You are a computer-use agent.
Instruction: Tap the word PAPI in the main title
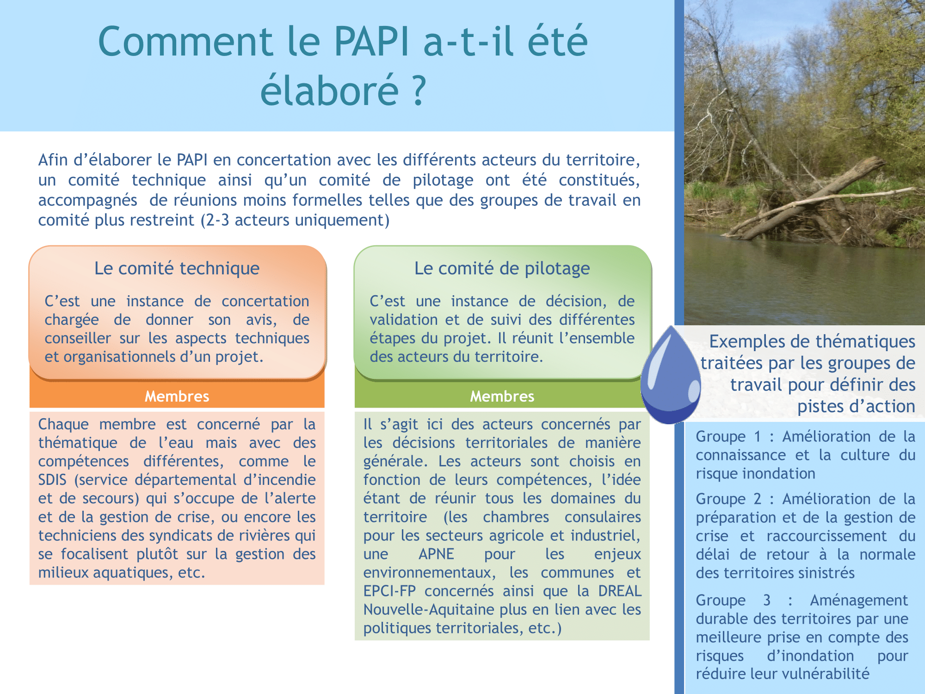(371, 41)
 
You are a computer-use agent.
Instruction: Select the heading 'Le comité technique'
(177, 268)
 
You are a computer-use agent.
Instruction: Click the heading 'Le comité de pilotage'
(502, 268)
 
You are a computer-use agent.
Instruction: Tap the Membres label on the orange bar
(177, 396)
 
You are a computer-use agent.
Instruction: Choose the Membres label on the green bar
(502, 396)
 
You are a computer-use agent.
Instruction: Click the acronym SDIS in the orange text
(52, 480)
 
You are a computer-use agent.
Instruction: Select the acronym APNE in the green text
(436, 554)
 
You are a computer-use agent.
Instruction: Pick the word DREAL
(620, 591)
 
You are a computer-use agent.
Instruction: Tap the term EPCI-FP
(389, 591)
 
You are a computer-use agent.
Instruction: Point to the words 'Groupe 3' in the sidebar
(733, 601)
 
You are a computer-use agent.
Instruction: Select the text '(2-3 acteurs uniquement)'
(295, 220)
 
